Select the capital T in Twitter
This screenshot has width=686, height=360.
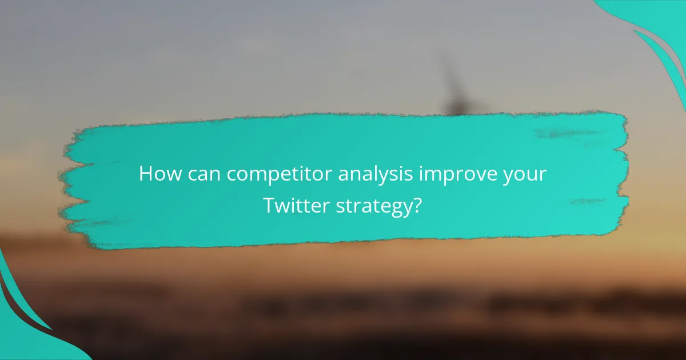pos(269,205)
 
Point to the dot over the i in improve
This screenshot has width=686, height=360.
pos(422,166)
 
